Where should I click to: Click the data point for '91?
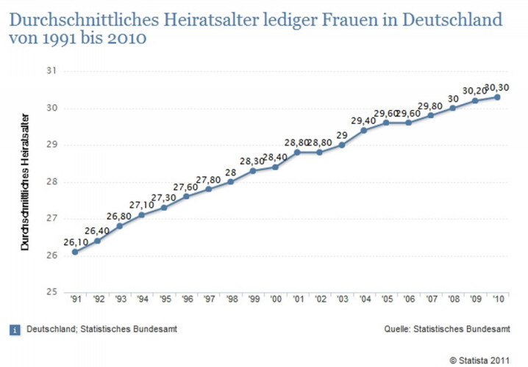pyautogui.click(x=75, y=252)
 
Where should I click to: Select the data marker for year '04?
pyautogui.click(x=364, y=130)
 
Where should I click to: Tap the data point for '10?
pyautogui.click(x=497, y=97)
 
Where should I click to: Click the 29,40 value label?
pyautogui.click(x=364, y=120)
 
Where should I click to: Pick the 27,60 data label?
pyautogui.click(x=186, y=187)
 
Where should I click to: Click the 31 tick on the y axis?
pyautogui.click(x=51, y=71)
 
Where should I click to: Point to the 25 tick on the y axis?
pyautogui.click(x=51, y=292)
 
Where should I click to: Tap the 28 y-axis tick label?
pyautogui.click(x=51, y=182)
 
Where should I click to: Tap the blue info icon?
pyautogui.click(x=15, y=330)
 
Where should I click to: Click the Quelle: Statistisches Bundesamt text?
pyautogui.click(x=448, y=330)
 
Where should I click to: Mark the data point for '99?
pyautogui.click(x=253, y=171)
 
